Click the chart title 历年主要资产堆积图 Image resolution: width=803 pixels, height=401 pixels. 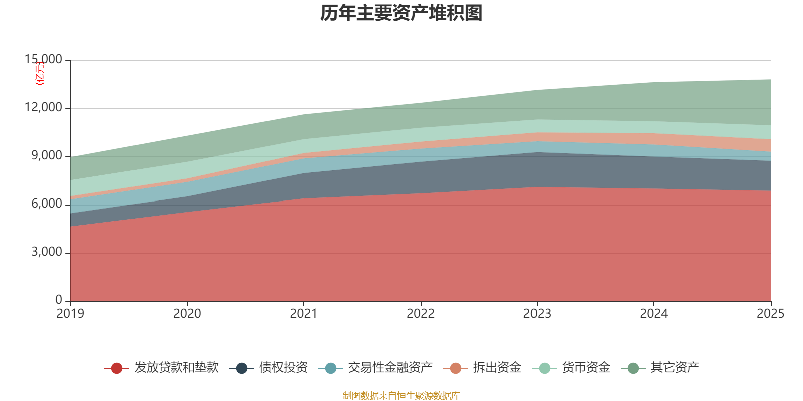click(401, 14)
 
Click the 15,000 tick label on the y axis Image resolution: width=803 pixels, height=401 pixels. click(44, 59)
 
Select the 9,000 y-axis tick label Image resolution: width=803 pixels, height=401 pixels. click(47, 155)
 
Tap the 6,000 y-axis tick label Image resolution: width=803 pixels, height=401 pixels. click(47, 204)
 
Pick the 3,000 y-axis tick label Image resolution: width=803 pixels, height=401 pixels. click(47, 252)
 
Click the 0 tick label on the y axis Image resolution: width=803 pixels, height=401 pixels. click(59, 300)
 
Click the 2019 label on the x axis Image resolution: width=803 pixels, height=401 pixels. click(70, 314)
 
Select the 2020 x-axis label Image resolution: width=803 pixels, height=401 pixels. click(187, 314)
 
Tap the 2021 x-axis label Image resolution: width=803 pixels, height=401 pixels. click(304, 314)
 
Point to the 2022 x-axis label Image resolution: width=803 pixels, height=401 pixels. click(421, 314)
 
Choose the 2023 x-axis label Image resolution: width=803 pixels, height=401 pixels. click(537, 314)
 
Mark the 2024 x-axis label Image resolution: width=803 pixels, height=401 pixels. click(654, 314)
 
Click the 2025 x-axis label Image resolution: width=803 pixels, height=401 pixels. click(770, 314)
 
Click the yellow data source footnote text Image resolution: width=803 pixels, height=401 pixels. click(401, 396)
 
